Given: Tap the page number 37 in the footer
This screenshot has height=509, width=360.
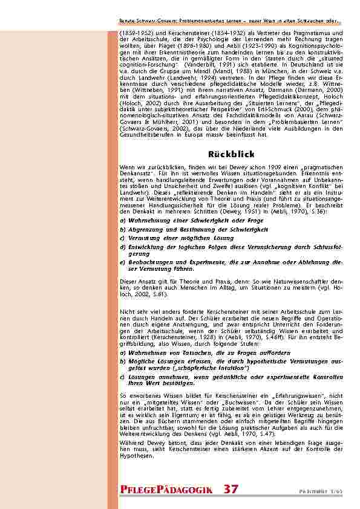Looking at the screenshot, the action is coord(231,488).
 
